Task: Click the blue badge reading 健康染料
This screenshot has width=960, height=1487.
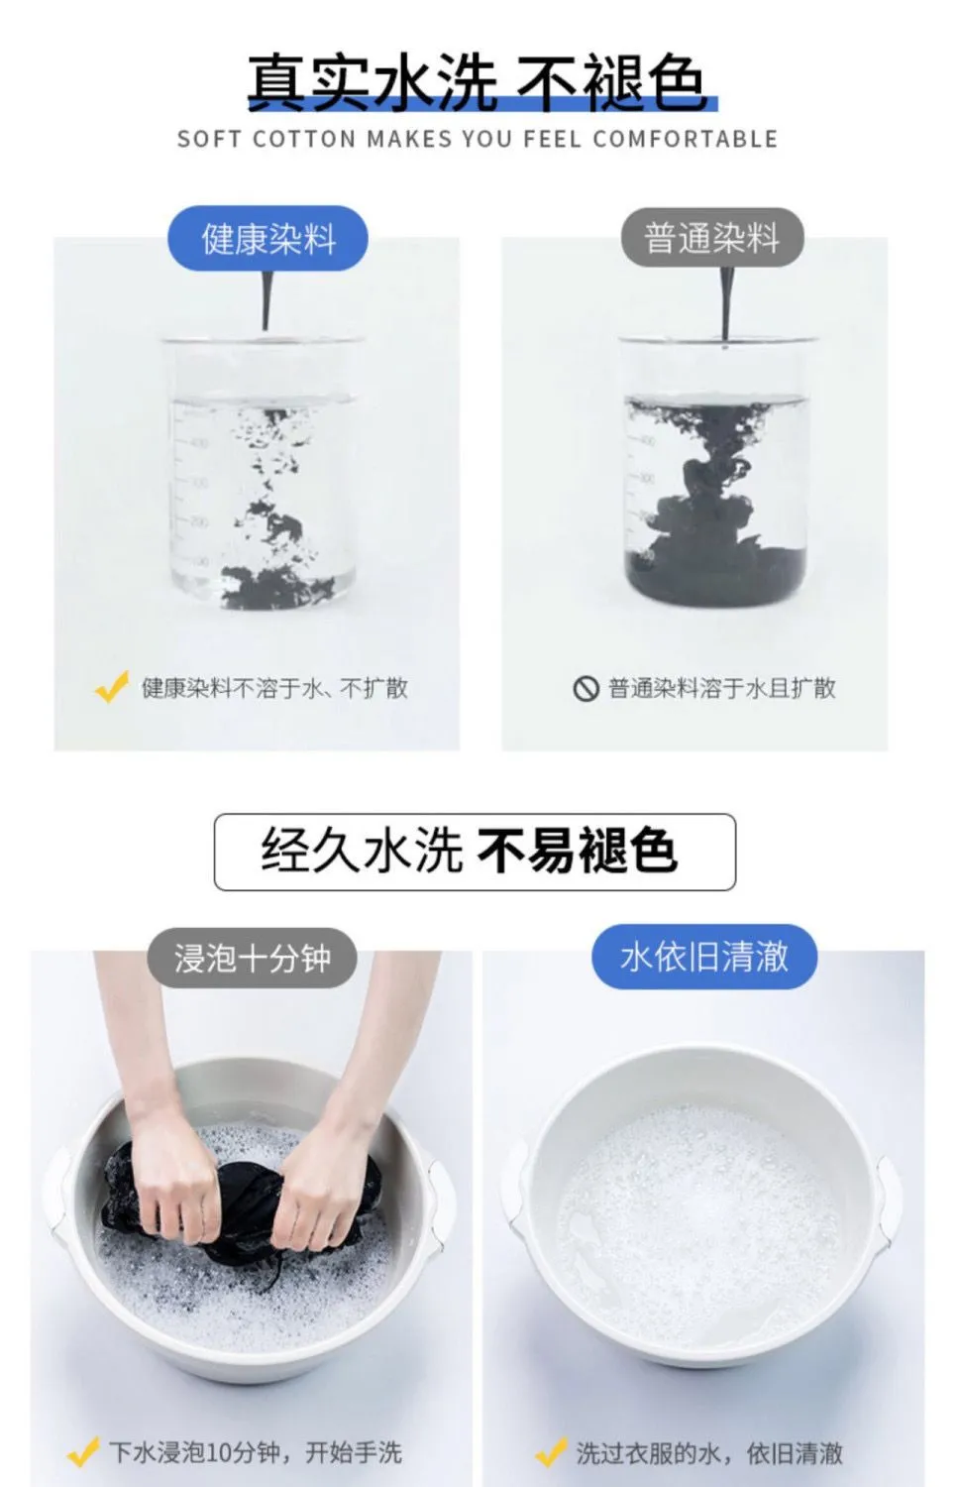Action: point(267,238)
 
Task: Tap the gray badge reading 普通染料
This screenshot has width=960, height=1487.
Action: point(712,238)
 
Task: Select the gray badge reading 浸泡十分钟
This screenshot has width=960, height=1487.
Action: point(252,958)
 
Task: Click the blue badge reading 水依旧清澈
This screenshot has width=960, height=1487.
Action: point(704,957)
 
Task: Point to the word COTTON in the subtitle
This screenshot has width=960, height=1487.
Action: point(304,140)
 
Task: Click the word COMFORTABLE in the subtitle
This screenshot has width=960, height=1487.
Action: point(686,140)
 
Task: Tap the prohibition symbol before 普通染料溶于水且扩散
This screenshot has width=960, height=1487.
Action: point(586,688)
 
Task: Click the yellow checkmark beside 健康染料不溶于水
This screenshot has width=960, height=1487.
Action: point(111,686)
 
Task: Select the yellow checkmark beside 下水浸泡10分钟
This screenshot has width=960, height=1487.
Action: point(83,1452)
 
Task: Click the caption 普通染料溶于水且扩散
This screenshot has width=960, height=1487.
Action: point(722,688)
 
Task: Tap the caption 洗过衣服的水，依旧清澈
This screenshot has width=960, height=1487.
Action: point(709,1453)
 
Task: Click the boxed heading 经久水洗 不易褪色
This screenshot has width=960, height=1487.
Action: point(475,852)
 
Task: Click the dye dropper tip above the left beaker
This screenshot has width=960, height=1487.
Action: point(266,326)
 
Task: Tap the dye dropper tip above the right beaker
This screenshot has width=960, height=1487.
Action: point(725,342)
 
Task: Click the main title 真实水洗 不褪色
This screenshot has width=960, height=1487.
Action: point(481,83)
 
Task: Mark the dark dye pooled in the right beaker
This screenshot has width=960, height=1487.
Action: point(716,571)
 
